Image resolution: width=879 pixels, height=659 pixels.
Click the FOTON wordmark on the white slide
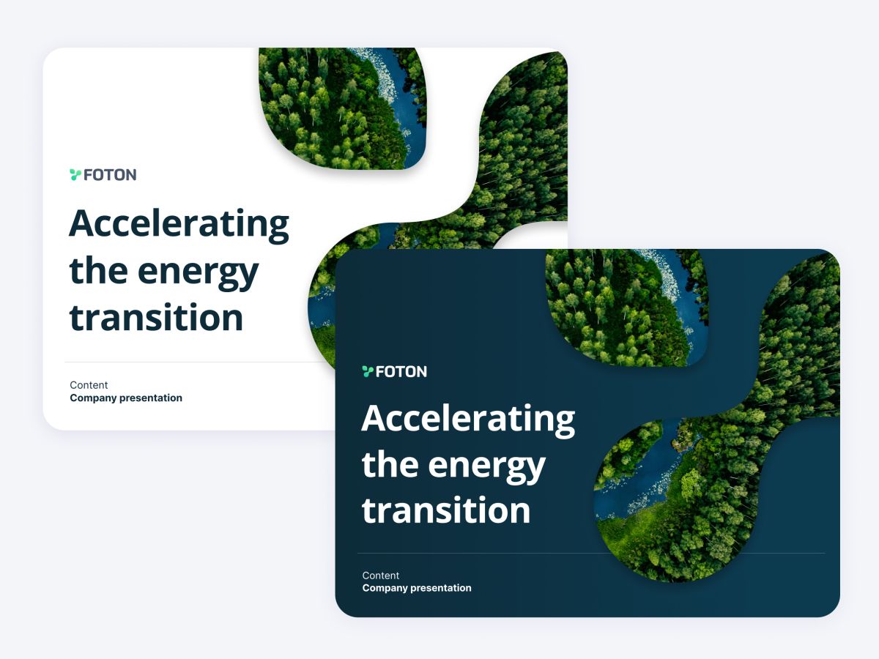[x=110, y=175]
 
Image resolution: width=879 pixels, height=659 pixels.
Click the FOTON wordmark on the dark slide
[x=401, y=372]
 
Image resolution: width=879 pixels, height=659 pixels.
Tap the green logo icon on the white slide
[x=75, y=175]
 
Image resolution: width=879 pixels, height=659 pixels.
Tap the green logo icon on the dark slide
[x=368, y=372]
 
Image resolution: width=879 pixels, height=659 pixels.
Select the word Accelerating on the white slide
[x=179, y=225]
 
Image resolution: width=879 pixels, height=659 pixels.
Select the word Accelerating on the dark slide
[x=468, y=420]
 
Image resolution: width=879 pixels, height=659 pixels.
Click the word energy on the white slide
[x=198, y=274]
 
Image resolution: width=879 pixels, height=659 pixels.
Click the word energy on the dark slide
[x=486, y=467]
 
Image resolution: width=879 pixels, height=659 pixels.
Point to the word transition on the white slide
[x=156, y=317]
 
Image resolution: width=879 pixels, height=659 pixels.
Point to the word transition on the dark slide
[x=446, y=510]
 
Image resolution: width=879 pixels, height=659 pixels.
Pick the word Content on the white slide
[x=89, y=385]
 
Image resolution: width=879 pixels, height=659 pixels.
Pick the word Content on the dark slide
[x=380, y=576]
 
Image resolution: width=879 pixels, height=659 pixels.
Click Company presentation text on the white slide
[x=126, y=398]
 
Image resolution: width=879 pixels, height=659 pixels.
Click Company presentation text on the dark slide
[x=417, y=588]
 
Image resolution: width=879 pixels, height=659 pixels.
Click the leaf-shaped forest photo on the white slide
[x=342, y=108]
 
